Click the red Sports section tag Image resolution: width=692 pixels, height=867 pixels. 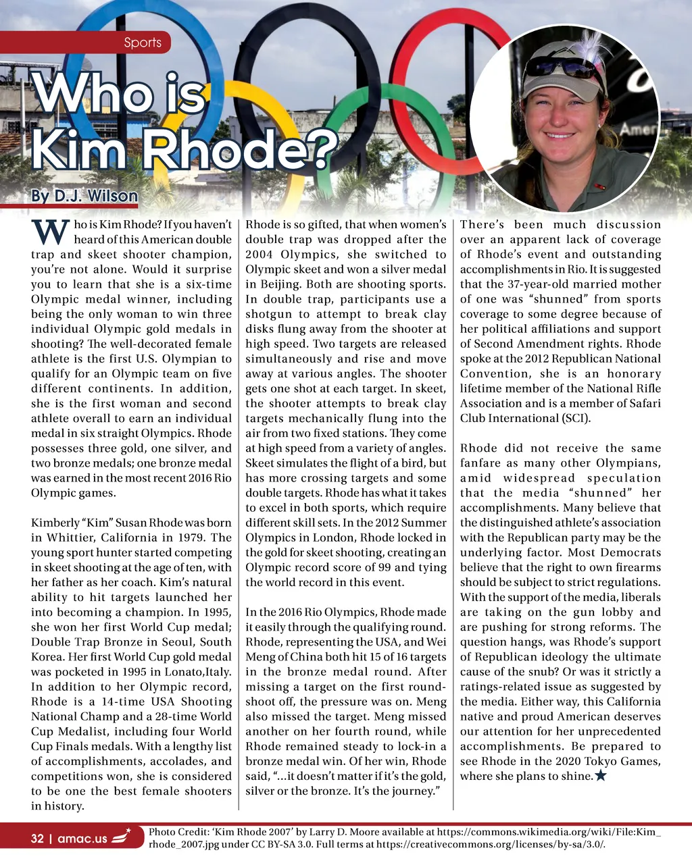pos(142,43)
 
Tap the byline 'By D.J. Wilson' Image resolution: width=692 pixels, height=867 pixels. pos(84,196)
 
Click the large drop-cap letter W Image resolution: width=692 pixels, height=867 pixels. pos(51,233)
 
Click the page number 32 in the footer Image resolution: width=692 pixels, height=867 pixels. pos(37,839)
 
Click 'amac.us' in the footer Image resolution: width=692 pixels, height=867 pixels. pos(82,839)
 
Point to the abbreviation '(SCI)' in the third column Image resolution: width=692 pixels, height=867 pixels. pos(575,418)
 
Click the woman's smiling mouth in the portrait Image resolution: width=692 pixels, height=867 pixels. pos(559,135)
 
